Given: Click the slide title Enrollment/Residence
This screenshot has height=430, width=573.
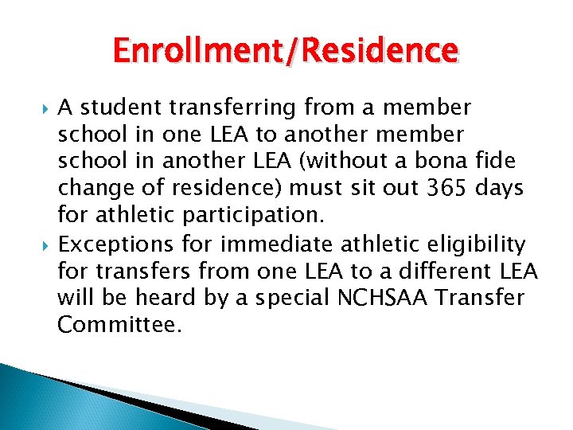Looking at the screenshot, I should (x=286, y=51).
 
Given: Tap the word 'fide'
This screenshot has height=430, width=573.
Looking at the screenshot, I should (x=501, y=162).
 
